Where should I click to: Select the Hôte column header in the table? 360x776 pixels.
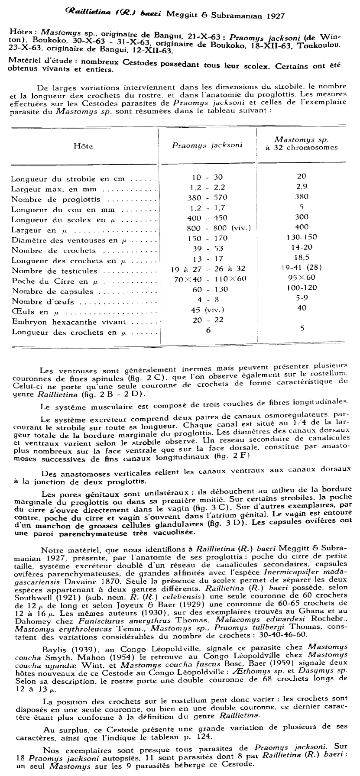(83, 146)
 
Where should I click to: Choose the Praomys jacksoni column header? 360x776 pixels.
(207, 145)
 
